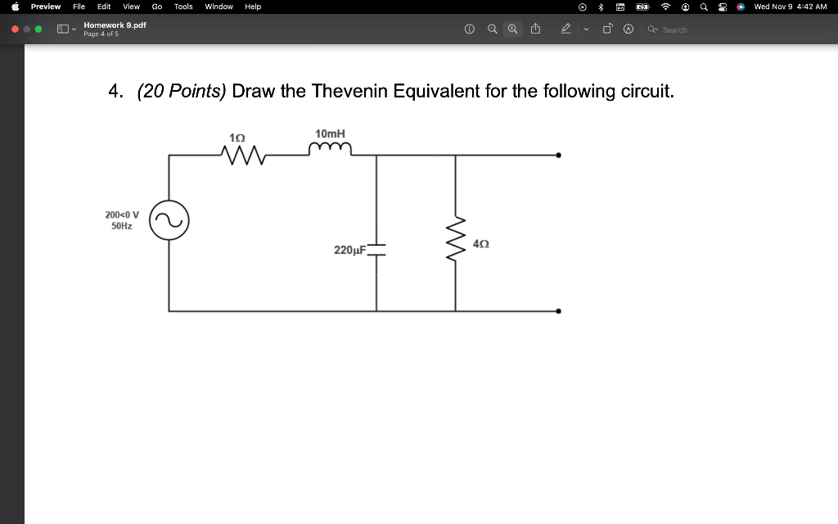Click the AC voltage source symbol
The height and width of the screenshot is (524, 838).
click(169, 220)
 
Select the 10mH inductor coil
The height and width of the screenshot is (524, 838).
click(330, 148)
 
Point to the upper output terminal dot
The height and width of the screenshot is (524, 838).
click(559, 155)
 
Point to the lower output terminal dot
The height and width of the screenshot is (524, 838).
click(559, 311)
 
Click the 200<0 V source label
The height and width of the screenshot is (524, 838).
click(122, 215)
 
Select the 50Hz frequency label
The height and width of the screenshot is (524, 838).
click(122, 225)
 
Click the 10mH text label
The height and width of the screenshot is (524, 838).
click(330, 133)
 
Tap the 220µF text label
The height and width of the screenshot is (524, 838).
click(349, 250)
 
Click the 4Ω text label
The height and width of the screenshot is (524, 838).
click(482, 244)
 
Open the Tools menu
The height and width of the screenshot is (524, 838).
click(183, 7)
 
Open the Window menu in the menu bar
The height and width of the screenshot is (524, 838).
click(219, 7)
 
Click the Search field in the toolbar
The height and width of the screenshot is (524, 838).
click(687, 29)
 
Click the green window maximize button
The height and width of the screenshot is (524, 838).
click(38, 29)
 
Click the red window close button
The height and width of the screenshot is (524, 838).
click(14, 29)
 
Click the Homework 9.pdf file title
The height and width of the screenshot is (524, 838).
click(115, 25)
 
